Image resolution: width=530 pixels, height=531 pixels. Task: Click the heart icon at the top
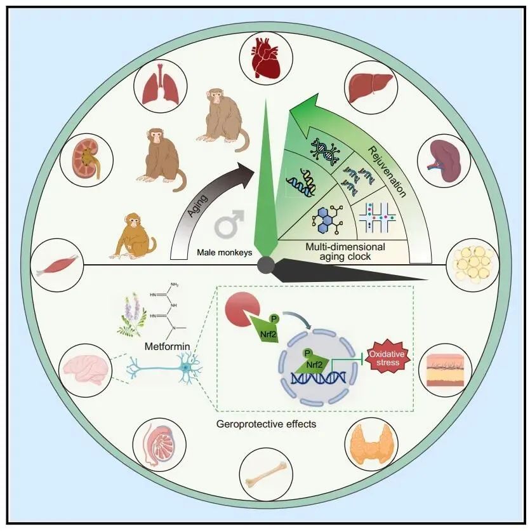coord(265,55)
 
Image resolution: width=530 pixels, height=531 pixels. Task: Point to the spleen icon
coord(444,160)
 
